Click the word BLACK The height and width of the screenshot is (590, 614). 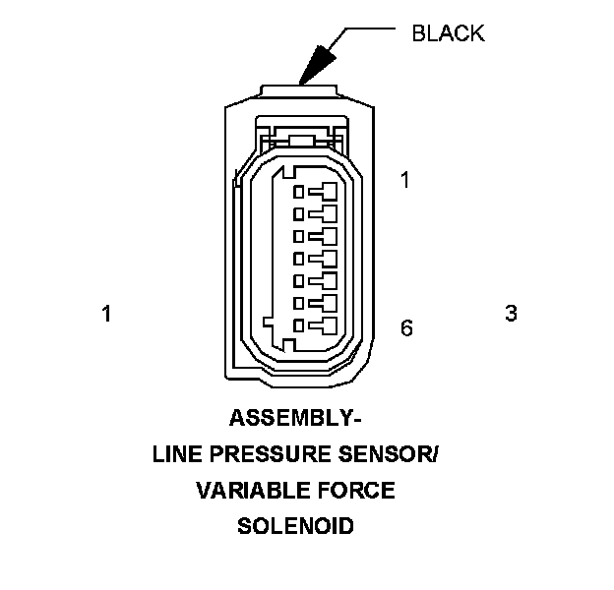point(448,32)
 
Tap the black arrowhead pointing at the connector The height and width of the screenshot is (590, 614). point(317,66)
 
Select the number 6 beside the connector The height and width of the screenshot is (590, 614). point(406,327)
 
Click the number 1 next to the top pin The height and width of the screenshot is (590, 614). point(404,180)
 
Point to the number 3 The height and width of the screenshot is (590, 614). point(511,314)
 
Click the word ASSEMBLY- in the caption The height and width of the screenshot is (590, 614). point(295,419)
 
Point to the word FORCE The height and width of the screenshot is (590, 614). point(357,490)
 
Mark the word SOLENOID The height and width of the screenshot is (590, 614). point(295,525)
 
